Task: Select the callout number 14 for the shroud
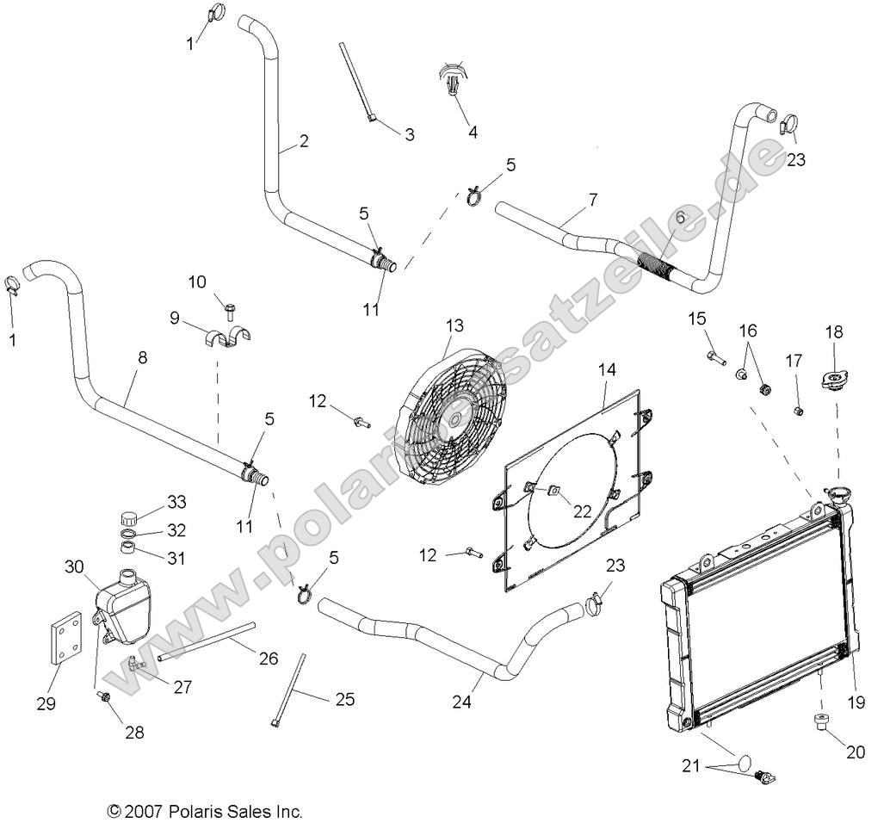pyautogui.click(x=608, y=370)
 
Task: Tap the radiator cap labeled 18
pyautogui.click(x=834, y=380)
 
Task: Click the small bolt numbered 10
pyautogui.click(x=230, y=306)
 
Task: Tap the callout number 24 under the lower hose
pyautogui.click(x=460, y=702)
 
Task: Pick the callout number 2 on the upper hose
pyautogui.click(x=304, y=143)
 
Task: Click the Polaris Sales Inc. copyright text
pyautogui.click(x=204, y=811)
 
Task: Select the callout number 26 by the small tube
pyautogui.click(x=268, y=659)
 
